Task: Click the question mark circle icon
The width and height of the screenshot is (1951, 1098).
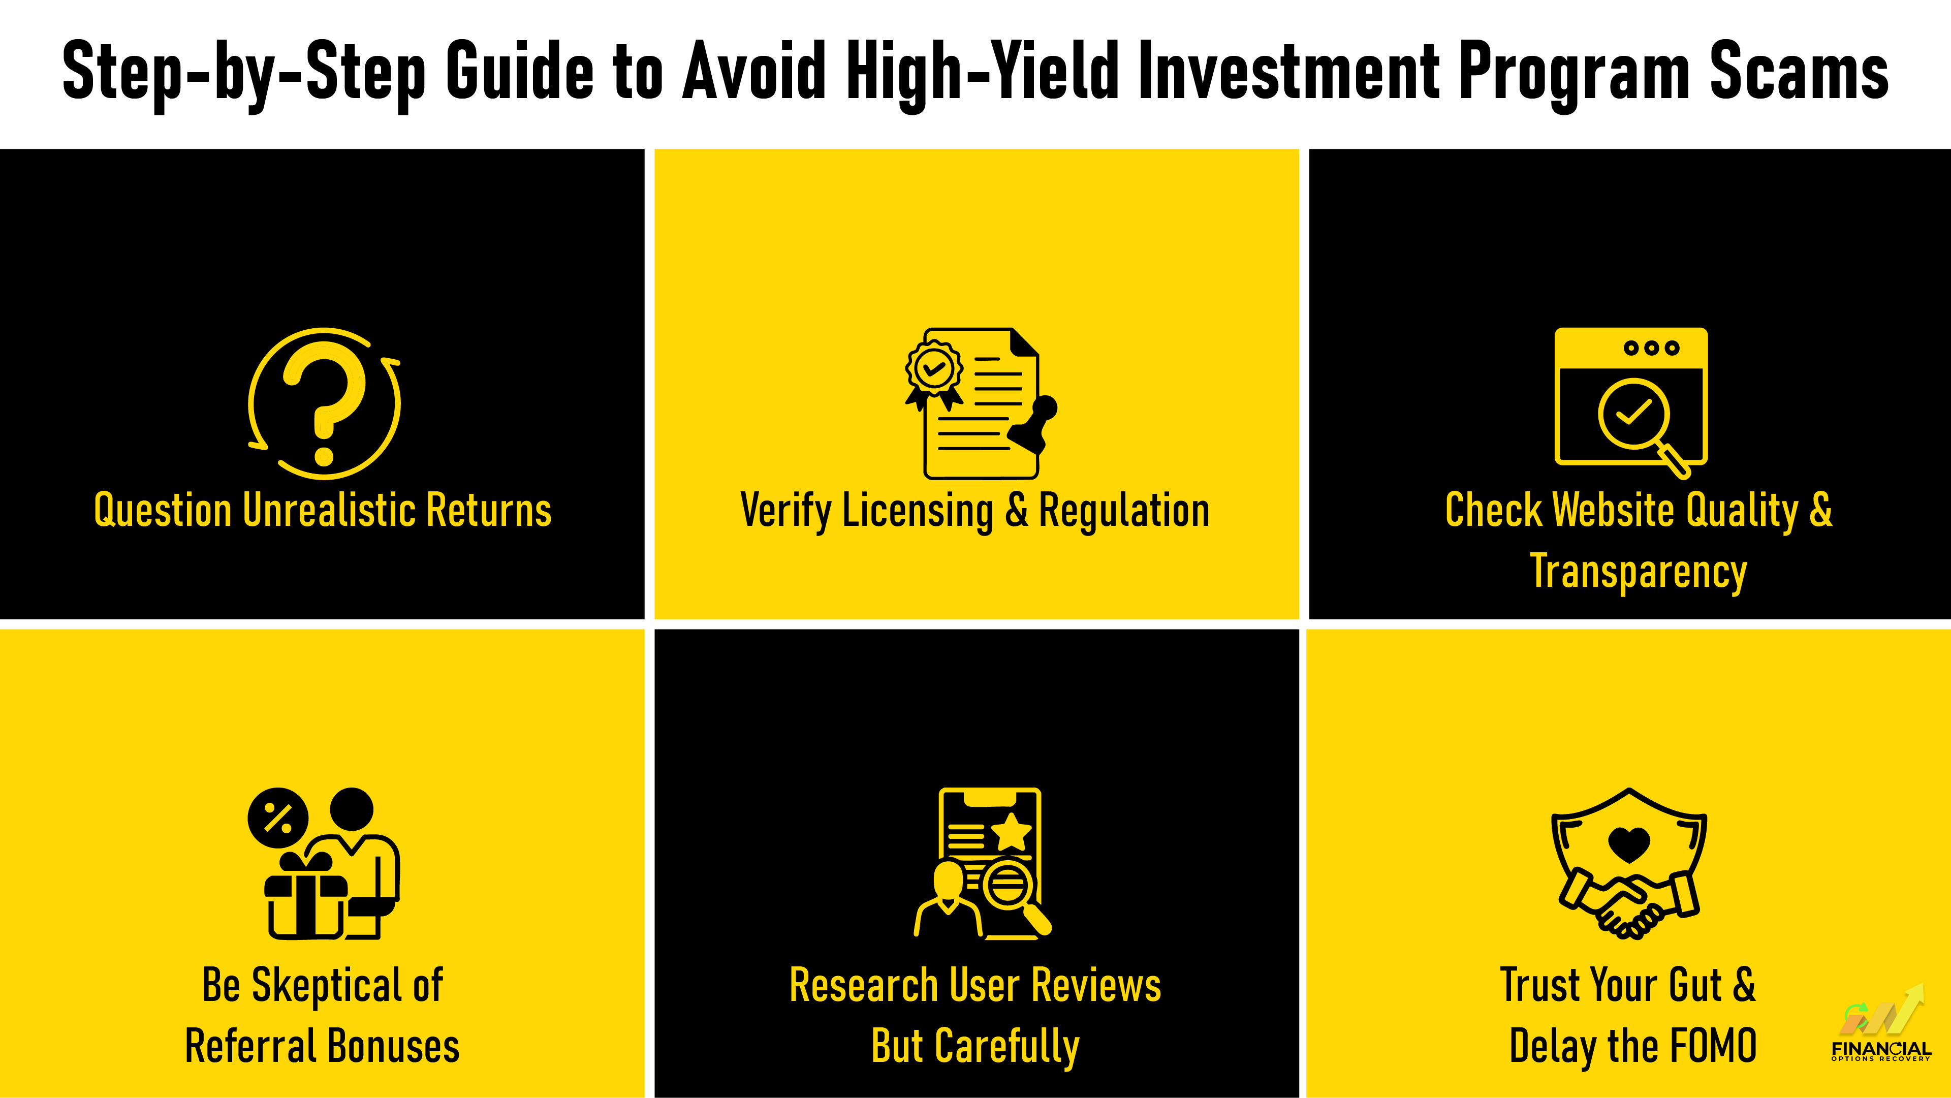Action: [x=324, y=403]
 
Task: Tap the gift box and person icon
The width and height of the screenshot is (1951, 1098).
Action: [x=324, y=863]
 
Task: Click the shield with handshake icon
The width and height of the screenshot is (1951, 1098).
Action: [x=1629, y=863]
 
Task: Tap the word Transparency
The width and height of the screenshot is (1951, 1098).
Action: [x=1638, y=572]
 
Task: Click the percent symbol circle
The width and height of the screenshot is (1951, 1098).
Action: [x=278, y=819]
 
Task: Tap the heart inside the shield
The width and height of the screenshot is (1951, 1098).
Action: [x=1629, y=843]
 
